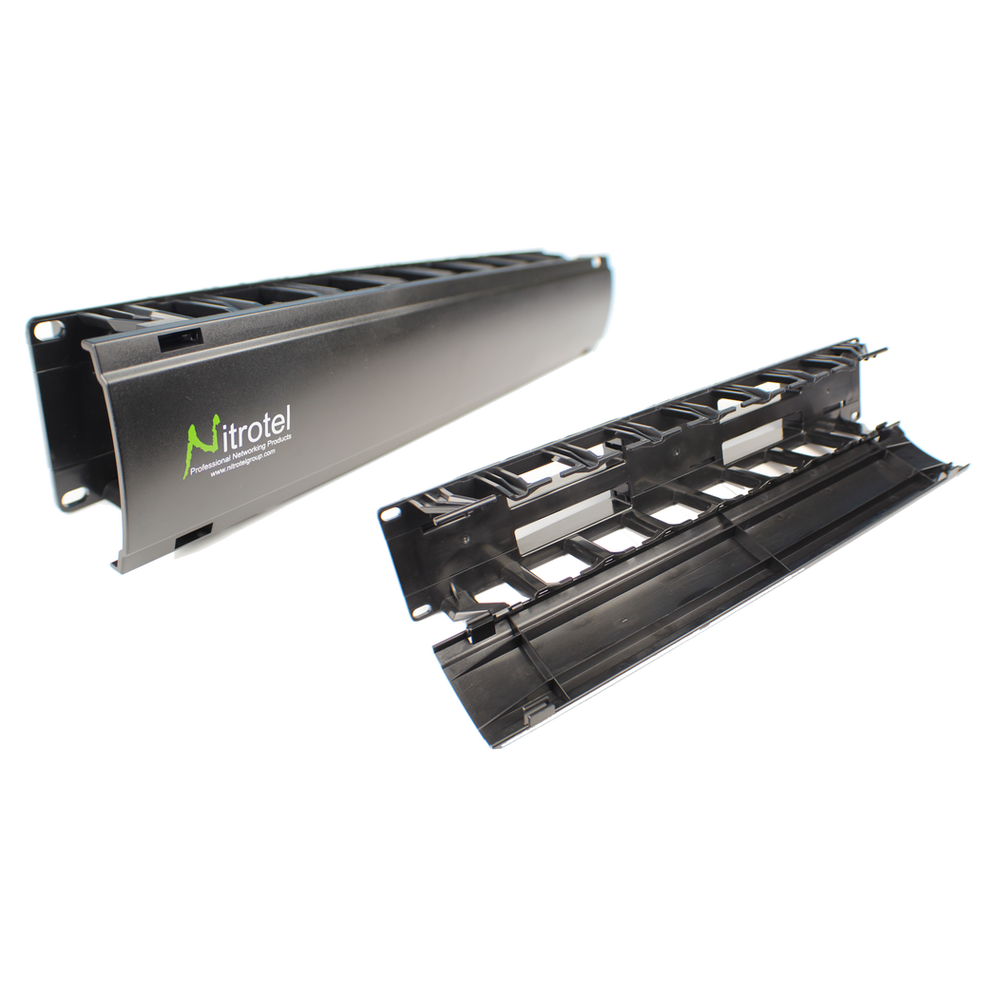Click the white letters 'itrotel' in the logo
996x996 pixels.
(x=258, y=430)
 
